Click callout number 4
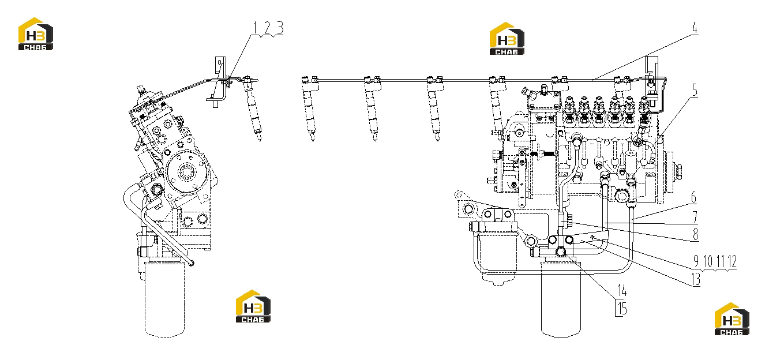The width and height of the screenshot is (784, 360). pos(695,28)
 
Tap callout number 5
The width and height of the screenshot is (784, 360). pos(695,91)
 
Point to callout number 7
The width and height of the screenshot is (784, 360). pos(695,216)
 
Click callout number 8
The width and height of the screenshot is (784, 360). pos(695,234)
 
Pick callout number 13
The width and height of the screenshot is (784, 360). pos(696,279)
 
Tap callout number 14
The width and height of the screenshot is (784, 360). pos(622,290)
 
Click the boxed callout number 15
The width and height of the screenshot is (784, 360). pos(621,309)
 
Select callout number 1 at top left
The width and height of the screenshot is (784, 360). pos(255,28)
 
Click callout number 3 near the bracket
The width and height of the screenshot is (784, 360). pos(280,28)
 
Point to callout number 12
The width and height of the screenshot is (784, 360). pos(732,261)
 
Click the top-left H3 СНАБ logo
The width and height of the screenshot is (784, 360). pos(36,34)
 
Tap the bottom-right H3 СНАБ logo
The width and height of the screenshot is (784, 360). pos(732,318)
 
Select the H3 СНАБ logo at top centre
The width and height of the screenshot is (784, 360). pos(507,39)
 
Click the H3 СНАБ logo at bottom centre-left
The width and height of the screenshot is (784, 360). pos(253,306)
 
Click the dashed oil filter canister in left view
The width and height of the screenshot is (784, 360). pos(164,298)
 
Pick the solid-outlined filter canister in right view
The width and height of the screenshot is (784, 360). pos(561,299)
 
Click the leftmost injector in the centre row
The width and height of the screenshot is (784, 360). pos(310,109)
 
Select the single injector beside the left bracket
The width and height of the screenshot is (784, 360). pos(253,108)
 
